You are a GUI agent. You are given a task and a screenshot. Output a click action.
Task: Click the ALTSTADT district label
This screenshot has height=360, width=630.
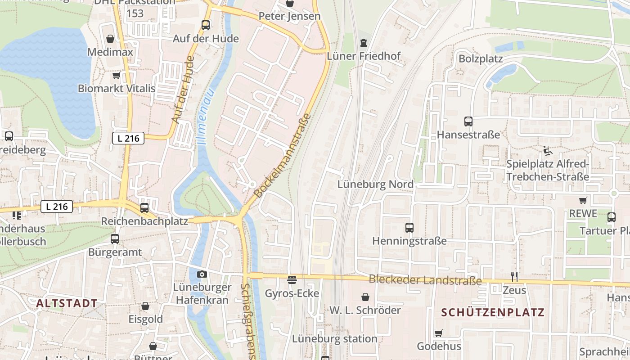[x=67, y=303]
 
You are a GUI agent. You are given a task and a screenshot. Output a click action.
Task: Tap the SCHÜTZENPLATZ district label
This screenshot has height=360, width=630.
[x=493, y=312]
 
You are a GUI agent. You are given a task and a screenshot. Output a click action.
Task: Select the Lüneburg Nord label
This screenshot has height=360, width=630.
[x=375, y=184]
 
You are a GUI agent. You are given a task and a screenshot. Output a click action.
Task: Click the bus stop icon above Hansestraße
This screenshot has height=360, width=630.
[x=468, y=121]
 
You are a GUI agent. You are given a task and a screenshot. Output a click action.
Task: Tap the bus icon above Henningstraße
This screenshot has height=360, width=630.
[x=409, y=228]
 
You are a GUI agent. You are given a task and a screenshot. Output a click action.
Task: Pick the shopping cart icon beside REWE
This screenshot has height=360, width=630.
[x=583, y=200]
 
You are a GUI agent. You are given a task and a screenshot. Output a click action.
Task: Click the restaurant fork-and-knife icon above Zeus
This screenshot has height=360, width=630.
[x=514, y=276]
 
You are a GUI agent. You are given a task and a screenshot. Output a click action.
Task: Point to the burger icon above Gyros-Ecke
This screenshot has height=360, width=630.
[x=292, y=280]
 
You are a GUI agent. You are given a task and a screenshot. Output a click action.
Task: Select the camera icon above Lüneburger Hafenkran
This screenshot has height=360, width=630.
[x=202, y=274]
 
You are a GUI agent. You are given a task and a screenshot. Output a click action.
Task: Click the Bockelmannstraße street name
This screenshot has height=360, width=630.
[x=283, y=156]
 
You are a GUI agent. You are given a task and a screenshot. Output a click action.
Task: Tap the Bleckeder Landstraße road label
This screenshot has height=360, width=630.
[x=425, y=280]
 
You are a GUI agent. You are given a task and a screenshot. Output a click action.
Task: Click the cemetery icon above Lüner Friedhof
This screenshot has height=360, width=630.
[x=363, y=43]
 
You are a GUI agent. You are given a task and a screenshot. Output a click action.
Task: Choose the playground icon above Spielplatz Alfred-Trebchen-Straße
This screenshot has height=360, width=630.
[x=547, y=151]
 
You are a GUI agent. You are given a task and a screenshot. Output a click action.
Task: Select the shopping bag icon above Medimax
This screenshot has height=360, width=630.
[x=110, y=39]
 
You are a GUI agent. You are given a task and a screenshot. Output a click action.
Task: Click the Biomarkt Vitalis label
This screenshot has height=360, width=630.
[x=117, y=88]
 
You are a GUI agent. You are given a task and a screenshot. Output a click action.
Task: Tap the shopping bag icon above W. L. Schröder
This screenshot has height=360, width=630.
[x=365, y=297]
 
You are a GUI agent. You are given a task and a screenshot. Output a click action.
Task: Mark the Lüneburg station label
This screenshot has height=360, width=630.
[x=334, y=339]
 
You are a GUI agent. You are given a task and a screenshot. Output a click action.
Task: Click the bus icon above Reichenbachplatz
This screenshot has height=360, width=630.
[x=144, y=208]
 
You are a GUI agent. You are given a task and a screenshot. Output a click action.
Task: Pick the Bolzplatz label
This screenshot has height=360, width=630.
[x=480, y=59]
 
